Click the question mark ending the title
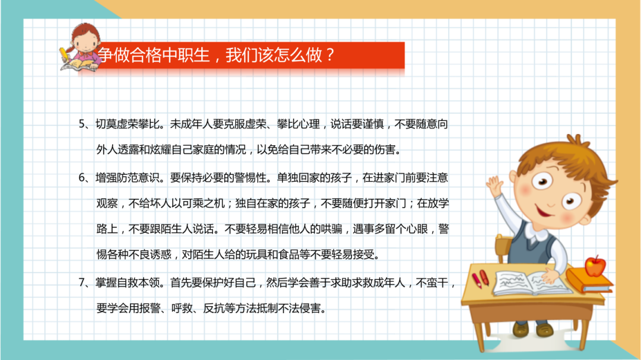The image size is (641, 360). (x=331, y=56)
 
